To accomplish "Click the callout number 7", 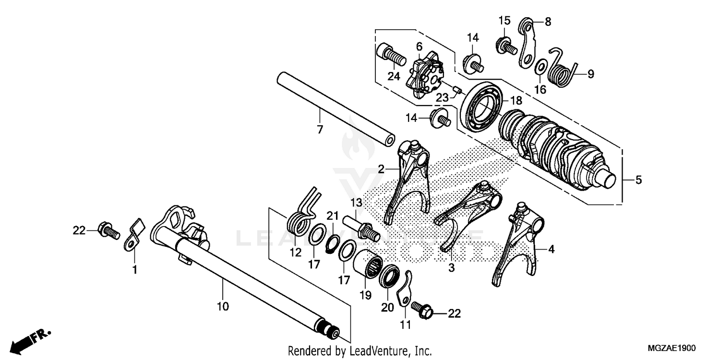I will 320,129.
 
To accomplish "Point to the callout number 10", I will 223,306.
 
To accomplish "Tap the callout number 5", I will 638,180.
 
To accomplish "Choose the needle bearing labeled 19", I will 368,266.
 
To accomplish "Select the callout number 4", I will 551,249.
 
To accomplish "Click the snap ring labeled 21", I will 331,245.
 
